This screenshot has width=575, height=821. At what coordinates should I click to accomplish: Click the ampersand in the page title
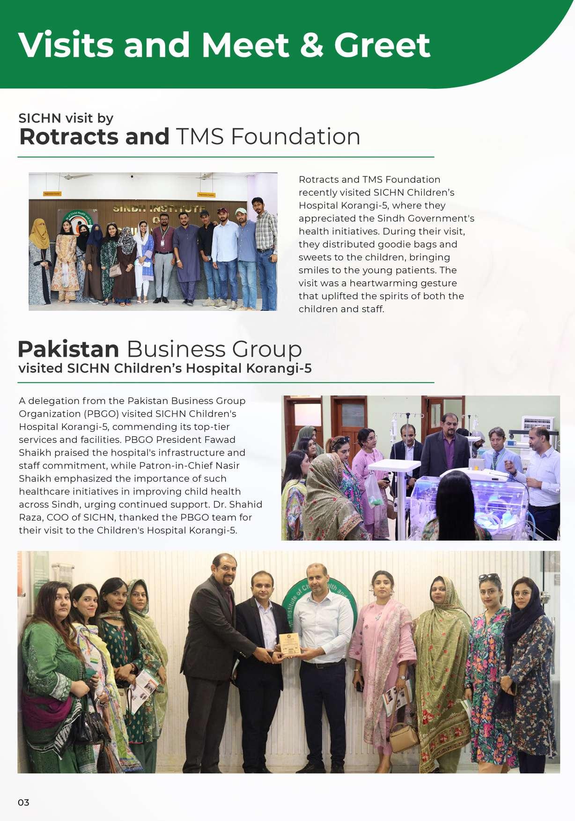(x=311, y=45)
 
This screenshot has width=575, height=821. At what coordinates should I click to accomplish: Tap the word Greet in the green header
(x=382, y=45)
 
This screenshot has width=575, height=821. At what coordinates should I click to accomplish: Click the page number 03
(x=23, y=802)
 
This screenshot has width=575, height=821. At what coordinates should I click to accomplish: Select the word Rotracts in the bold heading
(x=69, y=137)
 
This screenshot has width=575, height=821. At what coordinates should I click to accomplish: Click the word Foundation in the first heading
(x=295, y=137)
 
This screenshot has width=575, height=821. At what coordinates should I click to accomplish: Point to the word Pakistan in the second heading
(x=68, y=349)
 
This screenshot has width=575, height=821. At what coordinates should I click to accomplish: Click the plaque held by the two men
(x=289, y=644)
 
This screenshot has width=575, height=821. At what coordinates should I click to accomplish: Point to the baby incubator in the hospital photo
(x=473, y=501)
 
